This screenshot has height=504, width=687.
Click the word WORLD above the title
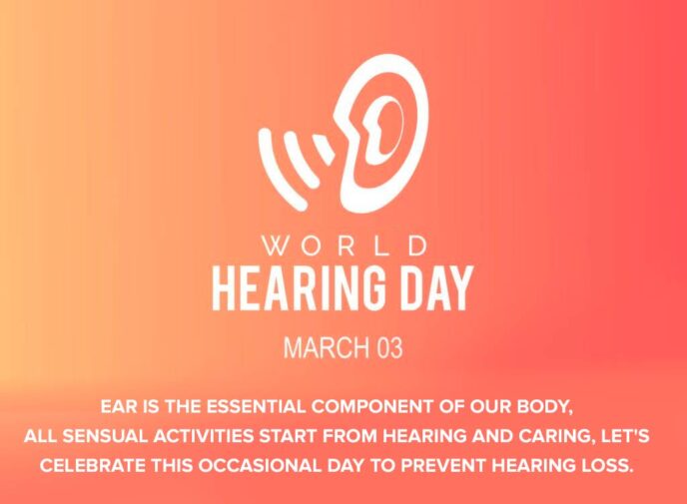tap(343, 246)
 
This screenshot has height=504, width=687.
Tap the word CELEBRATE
tap(95, 465)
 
